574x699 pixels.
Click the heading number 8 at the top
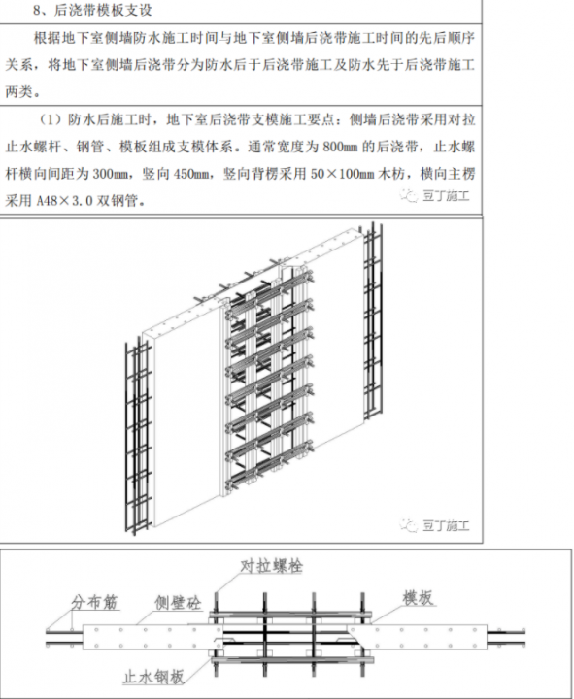(x=38, y=10)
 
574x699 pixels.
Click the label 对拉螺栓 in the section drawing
(x=272, y=566)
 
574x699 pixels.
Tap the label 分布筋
(x=94, y=602)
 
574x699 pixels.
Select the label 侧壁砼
(x=178, y=603)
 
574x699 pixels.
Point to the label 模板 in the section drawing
(x=418, y=598)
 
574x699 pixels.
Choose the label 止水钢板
(x=153, y=678)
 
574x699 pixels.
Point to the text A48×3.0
(x=65, y=201)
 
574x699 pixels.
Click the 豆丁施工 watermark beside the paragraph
(x=435, y=195)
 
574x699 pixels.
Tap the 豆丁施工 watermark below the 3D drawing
(x=435, y=525)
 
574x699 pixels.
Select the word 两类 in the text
(x=18, y=92)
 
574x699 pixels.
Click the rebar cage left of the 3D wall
(x=138, y=437)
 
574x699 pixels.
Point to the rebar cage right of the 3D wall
(x=373, y=321)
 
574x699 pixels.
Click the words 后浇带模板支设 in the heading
(x=103, y=10)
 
